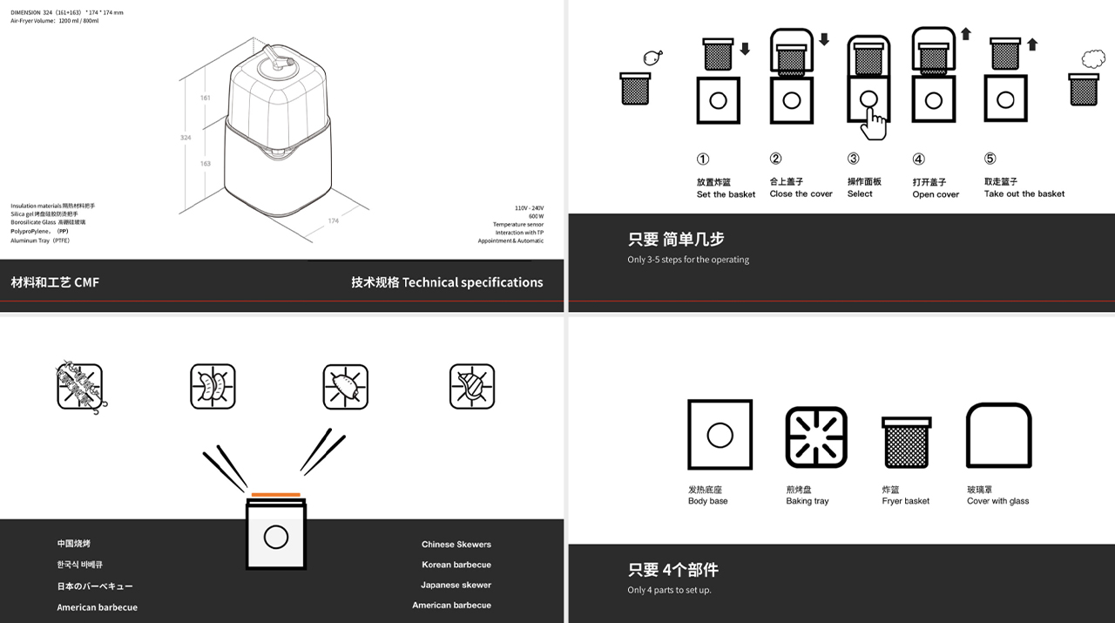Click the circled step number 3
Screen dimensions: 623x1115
[853, 159]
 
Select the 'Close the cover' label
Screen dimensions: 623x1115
[801, 194]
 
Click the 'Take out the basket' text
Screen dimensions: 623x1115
[1024, 194]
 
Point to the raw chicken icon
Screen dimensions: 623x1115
[651, 58]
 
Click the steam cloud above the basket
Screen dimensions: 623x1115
[1092, 58]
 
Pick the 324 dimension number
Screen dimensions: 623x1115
[186, 138]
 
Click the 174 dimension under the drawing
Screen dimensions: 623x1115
[333, 221]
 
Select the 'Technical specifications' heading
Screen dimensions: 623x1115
[447, 282]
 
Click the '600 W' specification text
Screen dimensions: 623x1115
[535, 216]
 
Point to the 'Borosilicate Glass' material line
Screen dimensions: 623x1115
[48, 222]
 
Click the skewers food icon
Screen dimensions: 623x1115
[80, 387]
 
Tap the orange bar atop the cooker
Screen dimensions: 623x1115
[276, 495]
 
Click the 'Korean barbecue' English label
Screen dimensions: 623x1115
[456, 565]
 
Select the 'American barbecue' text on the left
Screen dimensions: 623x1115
[97, 607]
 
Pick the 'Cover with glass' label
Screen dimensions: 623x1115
[997, 501]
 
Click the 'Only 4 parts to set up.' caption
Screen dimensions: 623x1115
[669, 591]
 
